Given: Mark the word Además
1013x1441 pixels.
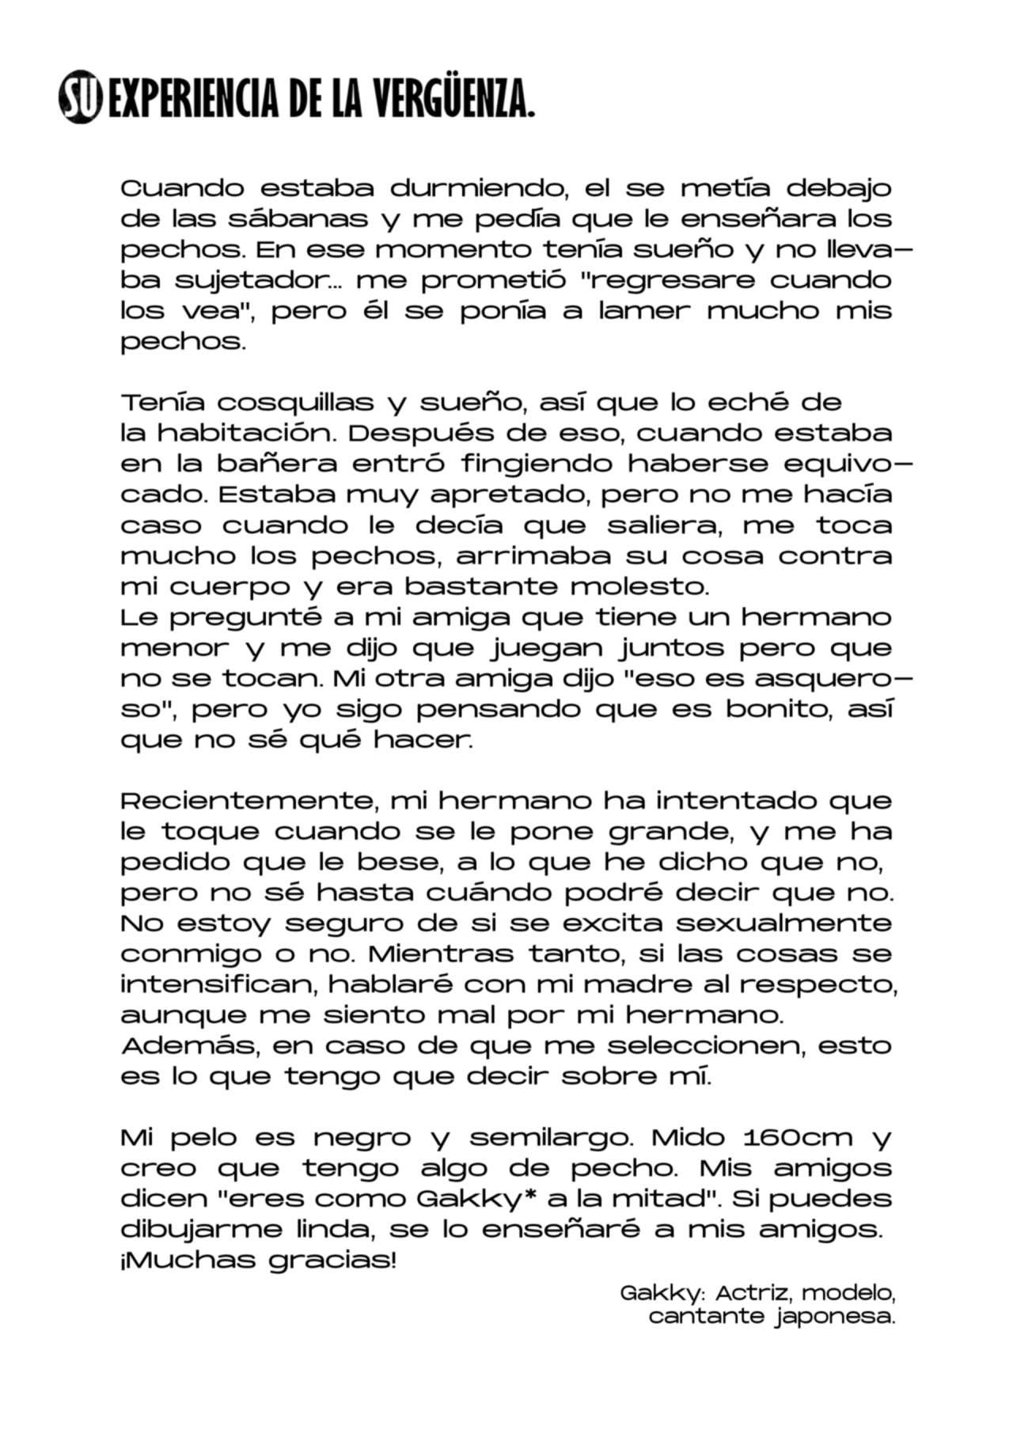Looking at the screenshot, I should click(x=191, y=1046).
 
